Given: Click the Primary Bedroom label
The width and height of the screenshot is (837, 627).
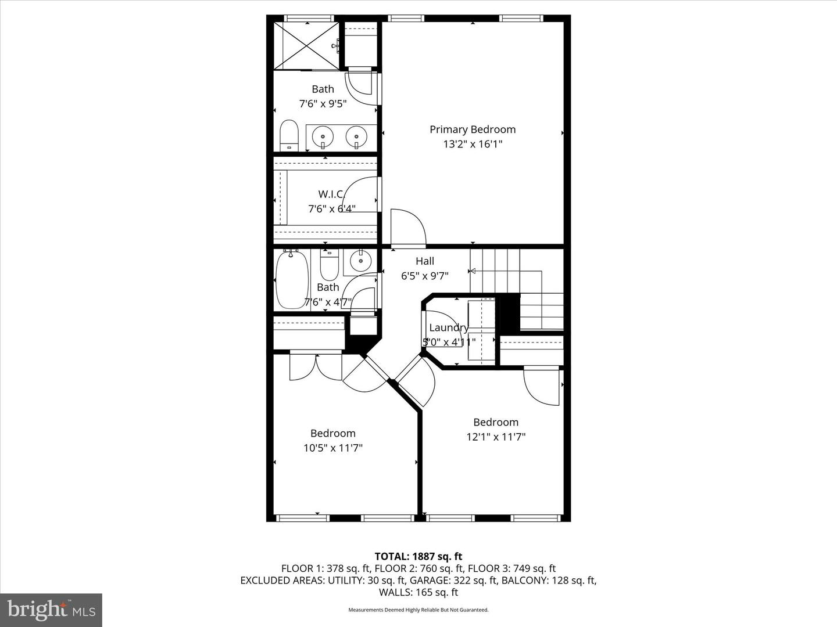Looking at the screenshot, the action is coord(473,130).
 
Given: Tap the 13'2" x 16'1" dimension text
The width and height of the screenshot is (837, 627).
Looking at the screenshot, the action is coord(473,145).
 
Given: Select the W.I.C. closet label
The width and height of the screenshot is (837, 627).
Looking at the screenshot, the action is coord(331,194).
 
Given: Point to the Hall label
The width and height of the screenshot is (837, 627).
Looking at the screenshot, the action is coord(425,261).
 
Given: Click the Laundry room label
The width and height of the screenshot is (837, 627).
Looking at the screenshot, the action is coord(449,328).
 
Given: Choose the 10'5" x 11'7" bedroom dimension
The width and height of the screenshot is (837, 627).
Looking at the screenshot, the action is coord(333,448).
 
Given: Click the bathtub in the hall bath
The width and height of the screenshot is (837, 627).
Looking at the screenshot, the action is coord(292,280).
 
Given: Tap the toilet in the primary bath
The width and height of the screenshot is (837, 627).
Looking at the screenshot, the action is coord(289,136).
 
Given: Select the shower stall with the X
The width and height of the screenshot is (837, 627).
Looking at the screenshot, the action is coord(306,46).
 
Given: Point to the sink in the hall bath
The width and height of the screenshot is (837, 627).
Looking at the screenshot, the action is coord(360,261).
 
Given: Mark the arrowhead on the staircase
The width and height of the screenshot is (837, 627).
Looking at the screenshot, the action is coord(472,271).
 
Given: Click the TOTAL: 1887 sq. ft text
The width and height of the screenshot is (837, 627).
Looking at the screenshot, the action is coord(419,556).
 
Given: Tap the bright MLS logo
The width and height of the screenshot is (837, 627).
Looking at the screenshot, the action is coord(51,610).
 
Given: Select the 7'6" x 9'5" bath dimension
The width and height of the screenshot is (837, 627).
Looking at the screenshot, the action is coord(323,103).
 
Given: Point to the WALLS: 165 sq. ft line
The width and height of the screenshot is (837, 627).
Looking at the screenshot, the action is coord(419,592).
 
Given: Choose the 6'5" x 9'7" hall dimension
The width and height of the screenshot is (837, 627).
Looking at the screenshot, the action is coord(425,276).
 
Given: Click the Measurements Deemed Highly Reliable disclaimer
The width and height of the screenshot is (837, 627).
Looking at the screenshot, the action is coord(419,610).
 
